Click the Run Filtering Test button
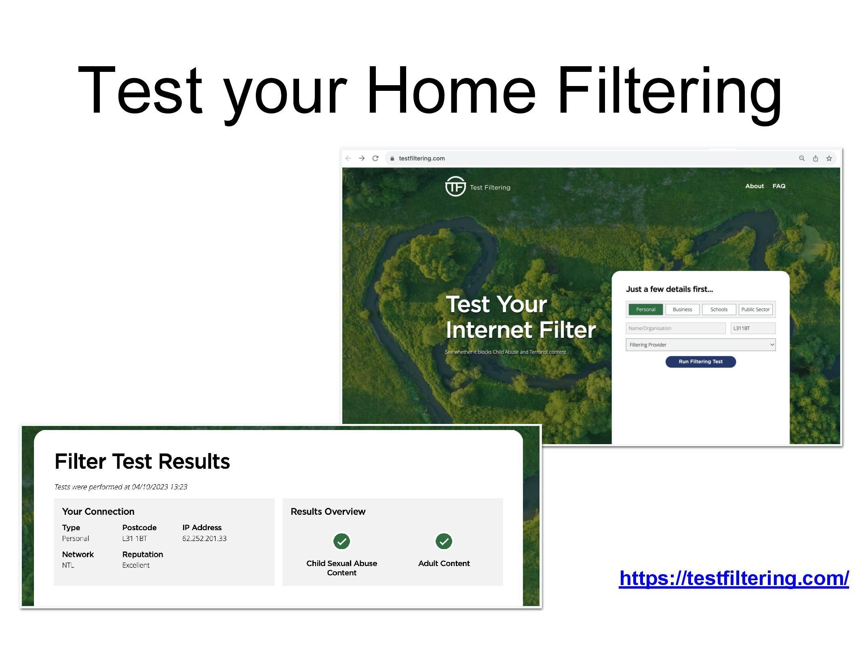[x=700, y=361]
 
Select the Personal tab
[x=645, y=309]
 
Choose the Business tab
[x=682, y=309]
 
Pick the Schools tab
[x=719, y=309]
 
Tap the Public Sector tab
[x=755, y=309]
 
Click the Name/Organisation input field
[x=675, y=328]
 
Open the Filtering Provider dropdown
[x=700, y=345]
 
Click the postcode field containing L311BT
[x=753, y=328]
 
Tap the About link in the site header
[x=754, y=186]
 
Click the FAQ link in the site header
[x=779, y=186]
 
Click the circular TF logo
[x=455, y=187]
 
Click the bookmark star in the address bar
[x=829, y=158]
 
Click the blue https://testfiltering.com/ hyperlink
[x=734, y=578]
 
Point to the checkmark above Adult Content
[x=444, y=541]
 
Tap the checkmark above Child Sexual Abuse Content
[x=341, y=541]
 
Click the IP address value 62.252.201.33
[x=204, y=539]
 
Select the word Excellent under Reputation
[x=136, y=565]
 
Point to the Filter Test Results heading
[x=142, y=461]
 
